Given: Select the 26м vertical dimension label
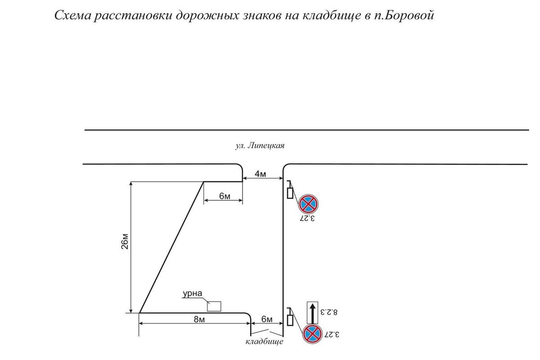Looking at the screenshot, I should coord(126,247).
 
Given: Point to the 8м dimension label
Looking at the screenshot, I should coord(196,319).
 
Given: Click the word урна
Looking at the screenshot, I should coord(193,295).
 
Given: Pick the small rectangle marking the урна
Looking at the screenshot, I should coord(214,306).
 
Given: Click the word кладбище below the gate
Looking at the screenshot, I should coord(265,342).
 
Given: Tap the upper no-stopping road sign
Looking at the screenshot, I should coord(308,204).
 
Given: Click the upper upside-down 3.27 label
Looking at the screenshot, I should coord(308,219).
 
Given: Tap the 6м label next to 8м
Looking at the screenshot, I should coord(266,319).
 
